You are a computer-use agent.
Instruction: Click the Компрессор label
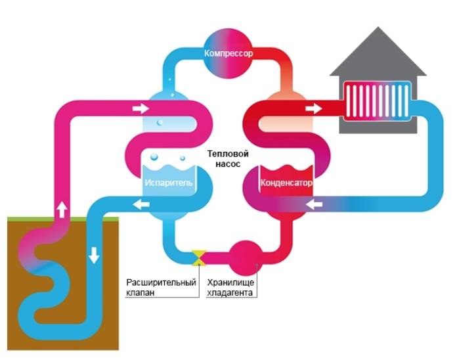tap(229, 52)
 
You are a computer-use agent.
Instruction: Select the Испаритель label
tap(168, 183)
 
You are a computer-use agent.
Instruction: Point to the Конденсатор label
tap(286, 183)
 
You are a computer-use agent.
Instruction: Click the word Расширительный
tap(162, 282)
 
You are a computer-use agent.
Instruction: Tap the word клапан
tap(141, 293)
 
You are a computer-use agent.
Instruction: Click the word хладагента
tap(230, 293)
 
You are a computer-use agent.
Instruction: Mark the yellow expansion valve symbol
tap(198, 258)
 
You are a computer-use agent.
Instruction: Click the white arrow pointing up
tap(62, 209)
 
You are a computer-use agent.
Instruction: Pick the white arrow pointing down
tap(95, 254)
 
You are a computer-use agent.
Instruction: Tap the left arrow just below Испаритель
tap(140, 206)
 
